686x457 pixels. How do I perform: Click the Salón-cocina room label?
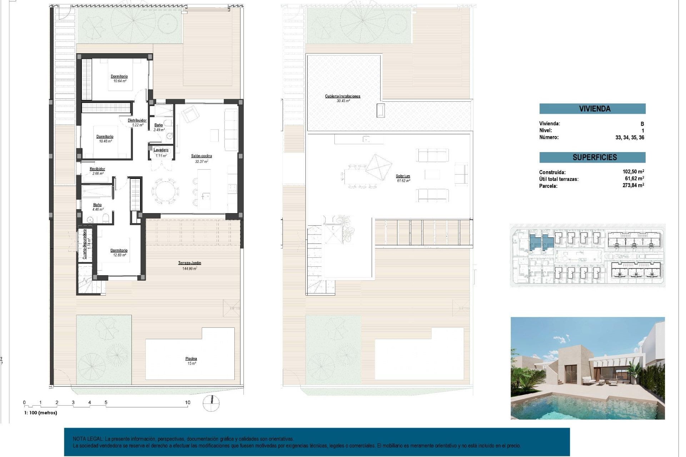point(202,156)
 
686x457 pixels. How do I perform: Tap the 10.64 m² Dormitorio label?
point(119,76)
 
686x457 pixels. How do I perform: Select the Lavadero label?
point(161,150)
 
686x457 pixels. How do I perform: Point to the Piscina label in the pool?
point(191,359)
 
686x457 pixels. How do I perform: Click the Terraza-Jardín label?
point(190,263)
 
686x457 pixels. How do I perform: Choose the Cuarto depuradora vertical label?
point(85,244)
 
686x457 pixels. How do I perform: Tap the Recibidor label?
point(97,169)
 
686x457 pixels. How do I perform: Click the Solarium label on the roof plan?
point(403,176)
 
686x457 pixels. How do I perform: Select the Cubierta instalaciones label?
point(343,96)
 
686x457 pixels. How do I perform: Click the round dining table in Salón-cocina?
point(165,191)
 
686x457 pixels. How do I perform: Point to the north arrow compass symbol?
point(211,403)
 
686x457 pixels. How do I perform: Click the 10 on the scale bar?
point(188,402)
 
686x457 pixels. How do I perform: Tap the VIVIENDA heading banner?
point(592,109)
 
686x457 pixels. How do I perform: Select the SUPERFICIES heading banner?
point(592,157)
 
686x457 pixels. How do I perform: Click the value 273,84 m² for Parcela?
point(633,185)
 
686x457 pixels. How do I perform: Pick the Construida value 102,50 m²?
point(633,172)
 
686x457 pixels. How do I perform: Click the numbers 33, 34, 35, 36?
point(630,137)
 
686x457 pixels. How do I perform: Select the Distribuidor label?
point(137,121)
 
